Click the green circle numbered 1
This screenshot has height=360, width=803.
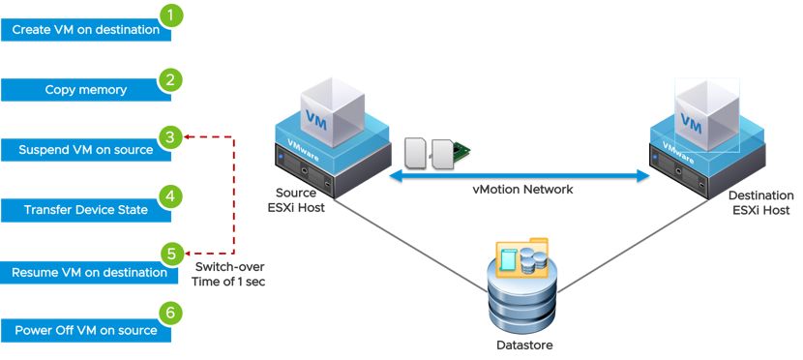click(171, 16)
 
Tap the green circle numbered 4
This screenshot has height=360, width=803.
click(171, 196)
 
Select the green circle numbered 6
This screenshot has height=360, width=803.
click(171, 315)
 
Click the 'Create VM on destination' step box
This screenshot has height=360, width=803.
click(85, 30)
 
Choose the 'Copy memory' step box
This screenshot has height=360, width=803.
click(85, 90)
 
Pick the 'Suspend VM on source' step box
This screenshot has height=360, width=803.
click(85, 150)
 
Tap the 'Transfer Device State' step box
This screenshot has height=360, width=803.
click(85, 210)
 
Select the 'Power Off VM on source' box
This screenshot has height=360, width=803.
click(85, 331)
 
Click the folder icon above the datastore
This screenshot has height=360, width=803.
click(522, 256)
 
